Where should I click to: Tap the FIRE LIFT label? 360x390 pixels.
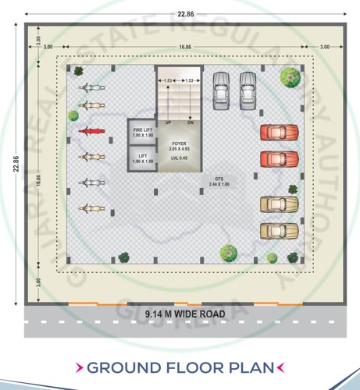(x=142, y=129)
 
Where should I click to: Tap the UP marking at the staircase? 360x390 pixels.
(x=168, y=122)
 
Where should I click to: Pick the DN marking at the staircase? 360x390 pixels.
(x=190, y=122)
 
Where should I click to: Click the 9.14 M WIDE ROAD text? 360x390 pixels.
(x=185, y=314)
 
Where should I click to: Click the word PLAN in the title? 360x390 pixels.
(x=248, y=367)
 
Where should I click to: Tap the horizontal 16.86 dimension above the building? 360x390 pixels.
(x=184, y=48)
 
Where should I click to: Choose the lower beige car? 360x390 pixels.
(x=279, y=232)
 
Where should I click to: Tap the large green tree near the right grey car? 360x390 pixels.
(x=289, y=76)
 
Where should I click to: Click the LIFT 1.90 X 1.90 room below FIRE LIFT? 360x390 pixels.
(x=142, y=158)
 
